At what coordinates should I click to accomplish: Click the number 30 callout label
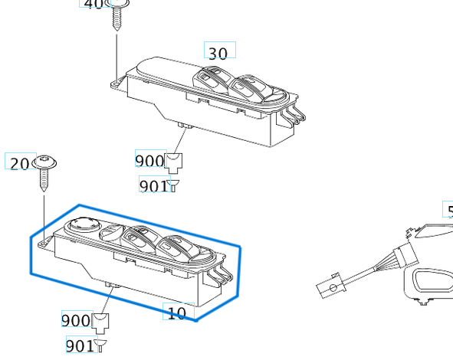(218, 53)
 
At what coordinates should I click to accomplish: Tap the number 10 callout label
(176, 313)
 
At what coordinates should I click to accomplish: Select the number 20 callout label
(19, 163)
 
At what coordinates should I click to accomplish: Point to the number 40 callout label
(93, 4)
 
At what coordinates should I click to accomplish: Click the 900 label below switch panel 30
(149, 161)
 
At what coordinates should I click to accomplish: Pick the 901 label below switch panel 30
(153, 185)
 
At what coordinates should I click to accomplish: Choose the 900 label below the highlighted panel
(76, 319)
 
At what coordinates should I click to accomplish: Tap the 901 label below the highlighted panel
(80, 345)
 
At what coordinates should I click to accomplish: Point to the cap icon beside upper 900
(175, 161)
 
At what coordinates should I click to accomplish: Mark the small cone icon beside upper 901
(174, 185)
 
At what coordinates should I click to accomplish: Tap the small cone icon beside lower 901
(100, 345)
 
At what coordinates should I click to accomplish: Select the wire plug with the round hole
(330, 289)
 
